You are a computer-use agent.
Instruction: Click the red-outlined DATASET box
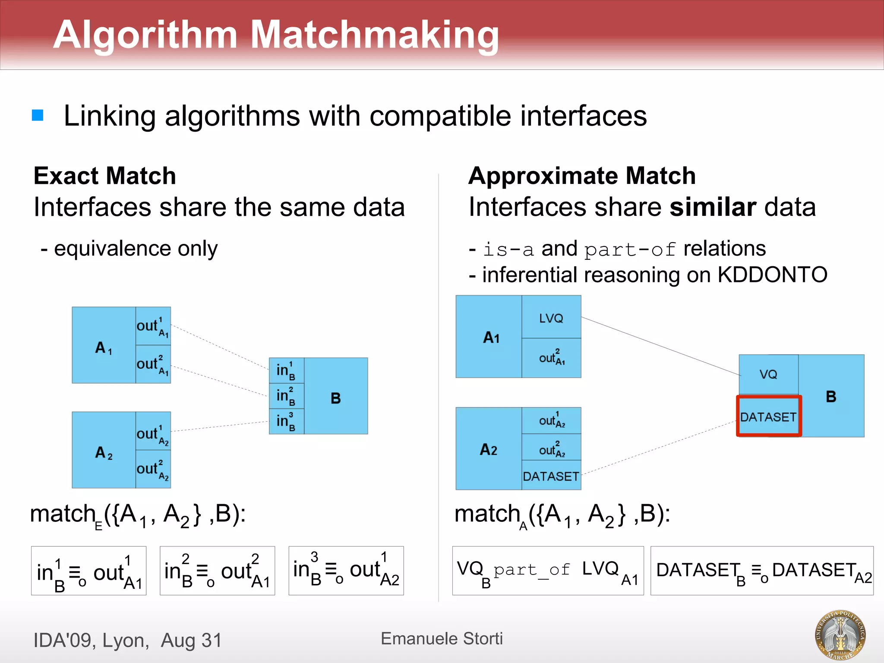768,417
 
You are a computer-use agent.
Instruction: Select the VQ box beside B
768,374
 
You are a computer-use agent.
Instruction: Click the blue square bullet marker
38,115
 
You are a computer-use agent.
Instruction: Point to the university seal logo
840,635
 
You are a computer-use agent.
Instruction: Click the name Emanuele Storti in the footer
442,638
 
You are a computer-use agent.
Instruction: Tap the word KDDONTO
772,275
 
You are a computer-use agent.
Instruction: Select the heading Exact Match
105,176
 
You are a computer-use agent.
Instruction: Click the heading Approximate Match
582,176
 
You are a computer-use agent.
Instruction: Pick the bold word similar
712,207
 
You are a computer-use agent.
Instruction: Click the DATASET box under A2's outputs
551,476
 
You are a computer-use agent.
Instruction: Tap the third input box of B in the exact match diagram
286,421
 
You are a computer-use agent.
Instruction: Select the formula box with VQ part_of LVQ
547,571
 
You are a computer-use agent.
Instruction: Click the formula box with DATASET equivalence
762,571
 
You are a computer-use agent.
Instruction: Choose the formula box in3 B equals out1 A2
346,571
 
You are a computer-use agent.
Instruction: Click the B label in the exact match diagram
336,398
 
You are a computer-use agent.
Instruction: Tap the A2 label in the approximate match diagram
488,449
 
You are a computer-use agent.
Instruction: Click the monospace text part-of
630,249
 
